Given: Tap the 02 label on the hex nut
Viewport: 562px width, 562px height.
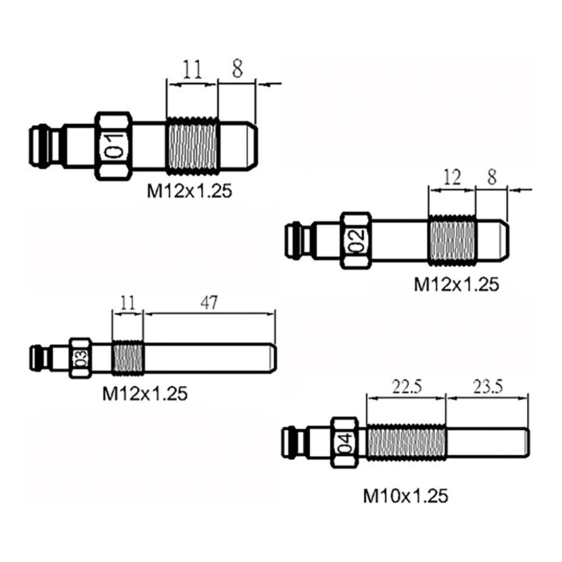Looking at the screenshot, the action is [x=357, y=240].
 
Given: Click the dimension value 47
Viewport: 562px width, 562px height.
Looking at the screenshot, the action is [x=208, y=303].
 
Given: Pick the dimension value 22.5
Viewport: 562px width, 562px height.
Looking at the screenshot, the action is [x=407, y=387].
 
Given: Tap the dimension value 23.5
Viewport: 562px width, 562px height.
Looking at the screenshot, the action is [x=487, y=387].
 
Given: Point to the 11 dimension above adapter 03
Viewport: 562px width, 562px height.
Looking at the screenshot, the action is [x=128, y=303].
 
